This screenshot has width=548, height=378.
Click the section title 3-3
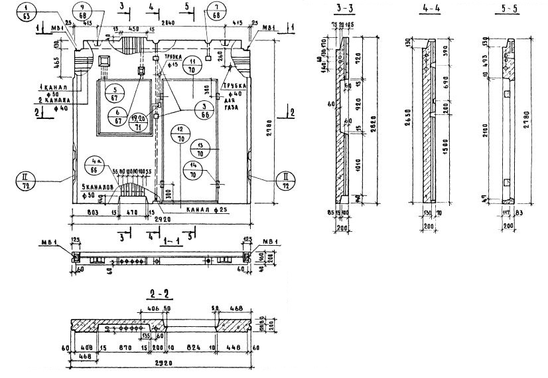coord(346,9)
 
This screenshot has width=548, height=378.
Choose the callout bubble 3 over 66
coord(205,108)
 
